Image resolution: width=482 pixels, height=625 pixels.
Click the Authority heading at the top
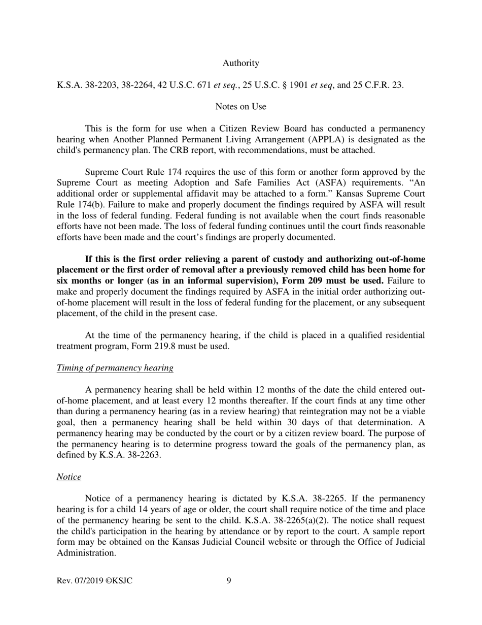tap(240, 63)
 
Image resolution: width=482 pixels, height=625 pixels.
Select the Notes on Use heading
tap(240, 106)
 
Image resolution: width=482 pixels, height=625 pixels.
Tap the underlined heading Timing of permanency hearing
tap(115, 368)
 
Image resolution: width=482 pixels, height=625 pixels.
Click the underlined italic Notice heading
tap(68, 477)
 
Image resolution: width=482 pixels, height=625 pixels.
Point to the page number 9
tap(229, 580)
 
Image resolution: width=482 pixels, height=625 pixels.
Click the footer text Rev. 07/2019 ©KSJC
tap(94, 580)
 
